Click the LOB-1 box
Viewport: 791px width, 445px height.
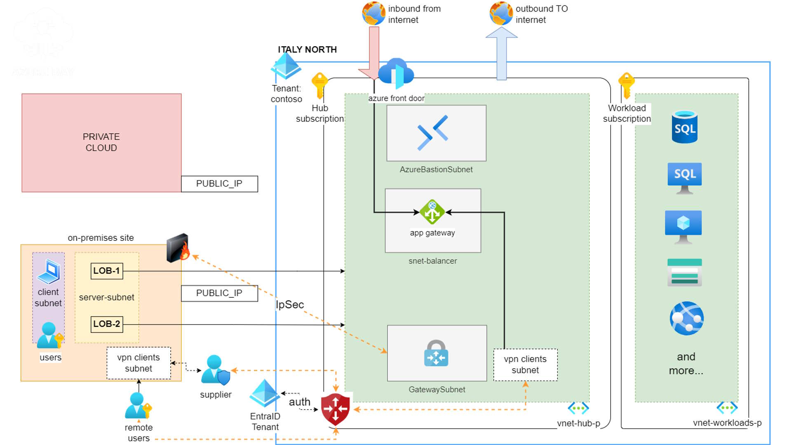106,271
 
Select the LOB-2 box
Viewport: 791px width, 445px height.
106,324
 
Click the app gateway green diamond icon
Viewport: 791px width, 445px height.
432,212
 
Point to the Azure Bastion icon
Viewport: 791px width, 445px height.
432,132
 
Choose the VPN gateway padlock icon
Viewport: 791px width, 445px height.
436,353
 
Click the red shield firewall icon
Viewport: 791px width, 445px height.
336,409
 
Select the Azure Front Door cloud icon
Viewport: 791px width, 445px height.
396,73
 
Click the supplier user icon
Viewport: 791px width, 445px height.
215,370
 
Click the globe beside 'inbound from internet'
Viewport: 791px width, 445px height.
373,13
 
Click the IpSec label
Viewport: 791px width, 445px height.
290,305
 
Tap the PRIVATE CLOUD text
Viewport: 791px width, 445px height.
101,142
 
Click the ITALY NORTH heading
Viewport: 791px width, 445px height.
307,49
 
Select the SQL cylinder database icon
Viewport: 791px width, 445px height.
684,127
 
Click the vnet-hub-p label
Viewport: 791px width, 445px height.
578,424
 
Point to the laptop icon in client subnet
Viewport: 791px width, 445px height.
49,271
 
